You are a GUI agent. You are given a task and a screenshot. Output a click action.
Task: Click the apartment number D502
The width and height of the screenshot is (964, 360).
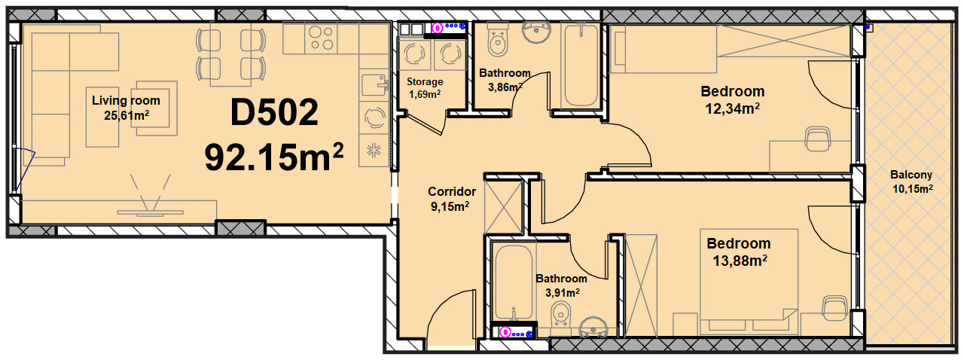point(274,112)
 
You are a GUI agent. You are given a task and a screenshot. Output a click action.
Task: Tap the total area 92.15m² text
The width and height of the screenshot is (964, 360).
point(273,157)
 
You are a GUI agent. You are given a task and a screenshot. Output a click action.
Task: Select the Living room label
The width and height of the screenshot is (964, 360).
point(126,101)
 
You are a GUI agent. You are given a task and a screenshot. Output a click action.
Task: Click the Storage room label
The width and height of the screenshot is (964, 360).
point(425,82)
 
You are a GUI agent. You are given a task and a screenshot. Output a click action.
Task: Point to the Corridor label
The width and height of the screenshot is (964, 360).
point(452,191)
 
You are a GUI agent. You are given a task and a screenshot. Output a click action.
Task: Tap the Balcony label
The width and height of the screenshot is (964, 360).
point(911,175)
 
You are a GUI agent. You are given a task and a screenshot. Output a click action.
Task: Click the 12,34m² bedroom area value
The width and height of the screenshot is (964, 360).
point(732,108)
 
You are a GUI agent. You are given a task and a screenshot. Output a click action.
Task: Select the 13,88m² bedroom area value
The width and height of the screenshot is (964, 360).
point(740,261)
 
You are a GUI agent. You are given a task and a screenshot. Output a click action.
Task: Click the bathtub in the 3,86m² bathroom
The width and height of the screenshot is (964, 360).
point(581,65)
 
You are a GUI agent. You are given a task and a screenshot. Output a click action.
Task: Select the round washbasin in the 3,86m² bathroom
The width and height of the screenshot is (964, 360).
point(536,32)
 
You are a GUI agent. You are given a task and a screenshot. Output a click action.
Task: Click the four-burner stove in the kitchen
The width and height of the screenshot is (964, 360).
point(321,38)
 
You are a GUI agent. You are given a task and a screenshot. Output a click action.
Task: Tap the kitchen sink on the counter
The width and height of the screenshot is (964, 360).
point(374,85)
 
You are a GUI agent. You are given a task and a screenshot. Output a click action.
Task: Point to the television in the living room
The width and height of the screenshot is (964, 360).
point(150,212)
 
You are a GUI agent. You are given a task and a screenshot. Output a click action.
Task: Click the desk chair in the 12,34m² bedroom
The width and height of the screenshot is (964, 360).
point(817,139)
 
